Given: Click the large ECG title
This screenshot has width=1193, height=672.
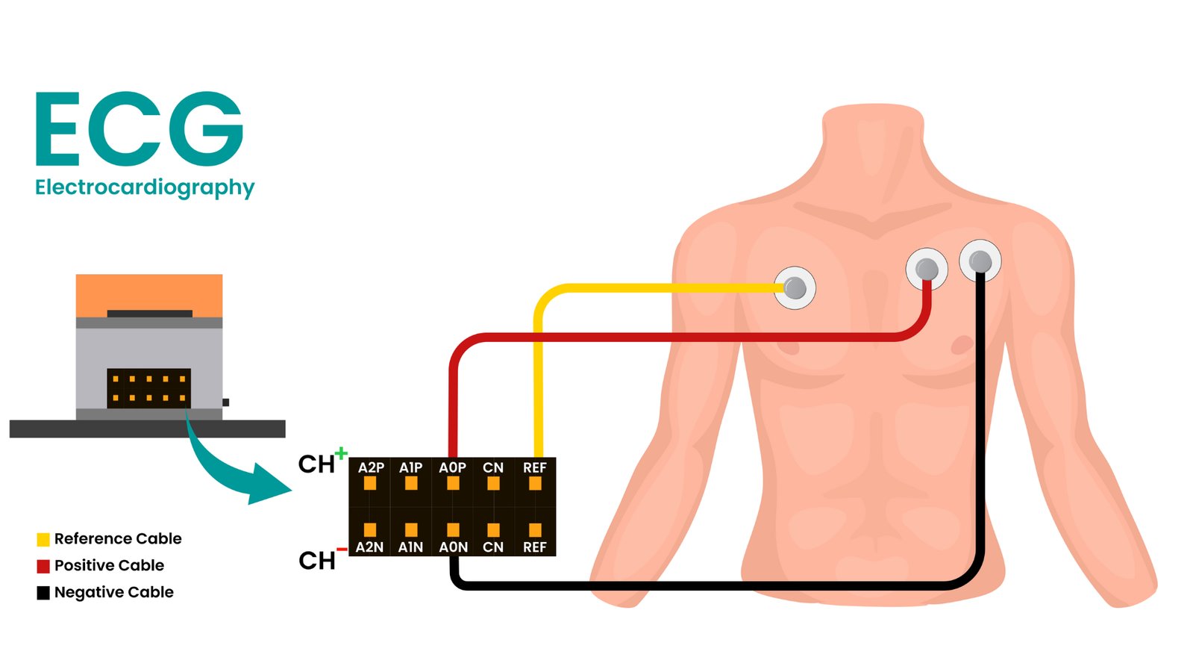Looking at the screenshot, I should coord(140,128).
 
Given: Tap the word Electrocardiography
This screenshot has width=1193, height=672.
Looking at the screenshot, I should coord(145,187).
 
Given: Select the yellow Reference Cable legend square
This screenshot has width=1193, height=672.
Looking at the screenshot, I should coord(43,539).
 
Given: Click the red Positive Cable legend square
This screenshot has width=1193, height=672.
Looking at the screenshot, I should coord(43,566).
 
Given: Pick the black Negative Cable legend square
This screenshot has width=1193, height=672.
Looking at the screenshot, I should coord(43,593).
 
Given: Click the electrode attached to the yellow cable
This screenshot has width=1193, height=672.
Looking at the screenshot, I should coord(795,287).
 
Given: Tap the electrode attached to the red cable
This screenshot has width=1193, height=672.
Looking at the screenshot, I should coord(927,269).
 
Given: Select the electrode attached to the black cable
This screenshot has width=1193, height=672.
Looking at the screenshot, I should coord(980,261).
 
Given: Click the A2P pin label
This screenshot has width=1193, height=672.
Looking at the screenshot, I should coord(371,467).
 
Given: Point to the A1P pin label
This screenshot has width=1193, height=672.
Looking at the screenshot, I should coord(410,467).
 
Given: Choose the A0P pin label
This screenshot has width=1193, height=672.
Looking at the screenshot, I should coord(452,467).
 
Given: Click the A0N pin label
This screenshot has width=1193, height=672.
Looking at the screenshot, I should coord(453,547).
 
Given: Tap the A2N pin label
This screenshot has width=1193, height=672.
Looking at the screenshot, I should coord(369,547).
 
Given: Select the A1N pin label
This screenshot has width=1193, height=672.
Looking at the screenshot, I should coord(410,547).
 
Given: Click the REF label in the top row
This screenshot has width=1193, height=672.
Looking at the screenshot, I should coord(535,467).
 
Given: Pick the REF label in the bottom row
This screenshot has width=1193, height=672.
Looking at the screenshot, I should coord(535,547).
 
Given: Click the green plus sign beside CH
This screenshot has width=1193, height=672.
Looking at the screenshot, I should coord(341,452).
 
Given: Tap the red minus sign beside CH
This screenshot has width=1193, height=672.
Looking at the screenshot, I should coord(341,550).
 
